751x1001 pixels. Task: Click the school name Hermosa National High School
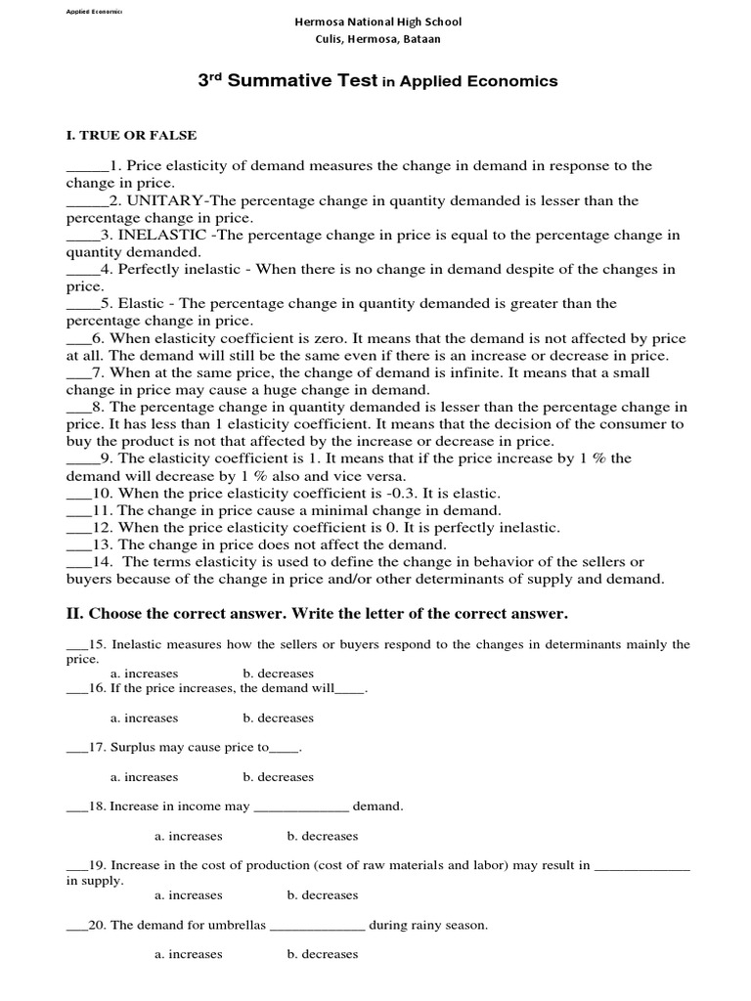pos(378,22)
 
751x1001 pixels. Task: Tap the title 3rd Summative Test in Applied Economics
pos(378,82)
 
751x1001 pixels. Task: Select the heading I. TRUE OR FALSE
pos(131,135)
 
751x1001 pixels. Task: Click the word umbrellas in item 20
pos(234,924)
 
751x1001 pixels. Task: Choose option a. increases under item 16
pos(144,718)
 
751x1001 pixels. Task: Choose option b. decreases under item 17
pos(278,777)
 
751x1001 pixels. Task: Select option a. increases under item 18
pos(188,836)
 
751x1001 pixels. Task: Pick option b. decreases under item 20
pos(322,953)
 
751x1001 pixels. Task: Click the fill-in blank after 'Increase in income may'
pos(300,807)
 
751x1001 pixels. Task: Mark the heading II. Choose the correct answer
pos(317,613)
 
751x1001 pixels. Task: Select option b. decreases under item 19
pos(322,894)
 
